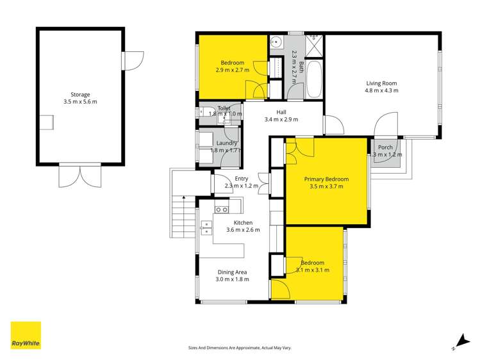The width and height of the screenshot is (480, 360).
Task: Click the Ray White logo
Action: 26,336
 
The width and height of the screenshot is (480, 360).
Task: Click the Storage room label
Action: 80,94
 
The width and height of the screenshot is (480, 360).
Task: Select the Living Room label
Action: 382,83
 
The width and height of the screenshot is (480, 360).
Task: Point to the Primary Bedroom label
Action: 326,179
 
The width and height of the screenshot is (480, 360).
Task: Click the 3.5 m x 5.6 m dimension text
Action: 80,102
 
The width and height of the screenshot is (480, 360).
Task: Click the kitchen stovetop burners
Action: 222,209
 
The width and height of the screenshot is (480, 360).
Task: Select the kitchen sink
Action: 206,225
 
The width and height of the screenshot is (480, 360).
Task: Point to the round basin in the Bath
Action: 276,43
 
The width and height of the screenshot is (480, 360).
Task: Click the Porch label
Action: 385,147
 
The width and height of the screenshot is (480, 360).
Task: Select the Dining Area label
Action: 231,272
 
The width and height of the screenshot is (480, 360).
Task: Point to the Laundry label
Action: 228,143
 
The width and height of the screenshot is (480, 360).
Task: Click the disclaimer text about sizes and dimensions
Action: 240,348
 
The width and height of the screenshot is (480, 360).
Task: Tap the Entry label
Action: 241,179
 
